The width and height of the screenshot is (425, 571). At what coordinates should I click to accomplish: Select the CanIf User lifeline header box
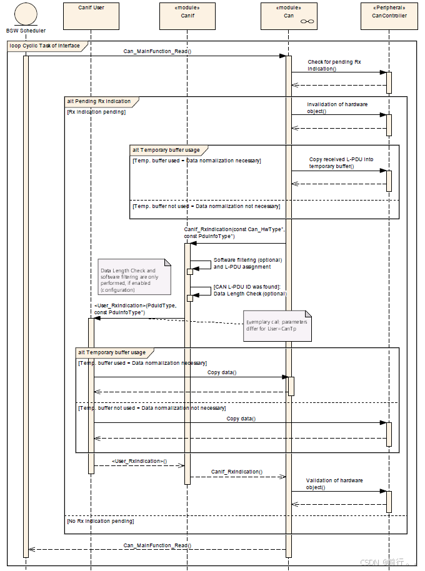[91, 16]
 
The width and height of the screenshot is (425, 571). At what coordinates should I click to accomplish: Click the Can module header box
[289, 16]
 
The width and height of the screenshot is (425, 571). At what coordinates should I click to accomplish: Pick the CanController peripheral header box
[389, 16]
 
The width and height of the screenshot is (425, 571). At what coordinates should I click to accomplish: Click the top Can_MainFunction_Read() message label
[157, 51]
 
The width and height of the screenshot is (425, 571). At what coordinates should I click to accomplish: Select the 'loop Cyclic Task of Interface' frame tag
[44, 46]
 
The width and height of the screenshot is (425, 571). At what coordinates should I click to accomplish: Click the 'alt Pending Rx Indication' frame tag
[99, 101]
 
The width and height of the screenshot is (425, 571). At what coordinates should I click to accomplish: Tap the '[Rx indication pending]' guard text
[96, 112]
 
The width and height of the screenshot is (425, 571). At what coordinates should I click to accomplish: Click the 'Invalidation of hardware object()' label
[337, 107]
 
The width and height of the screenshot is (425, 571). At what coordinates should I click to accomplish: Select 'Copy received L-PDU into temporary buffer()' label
[341, 162]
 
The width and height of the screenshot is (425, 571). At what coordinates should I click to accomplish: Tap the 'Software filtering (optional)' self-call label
[248, 263]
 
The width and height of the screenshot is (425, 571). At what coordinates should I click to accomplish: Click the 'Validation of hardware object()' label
[334, 484]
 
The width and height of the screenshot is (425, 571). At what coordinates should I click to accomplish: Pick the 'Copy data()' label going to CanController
[241, 419]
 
